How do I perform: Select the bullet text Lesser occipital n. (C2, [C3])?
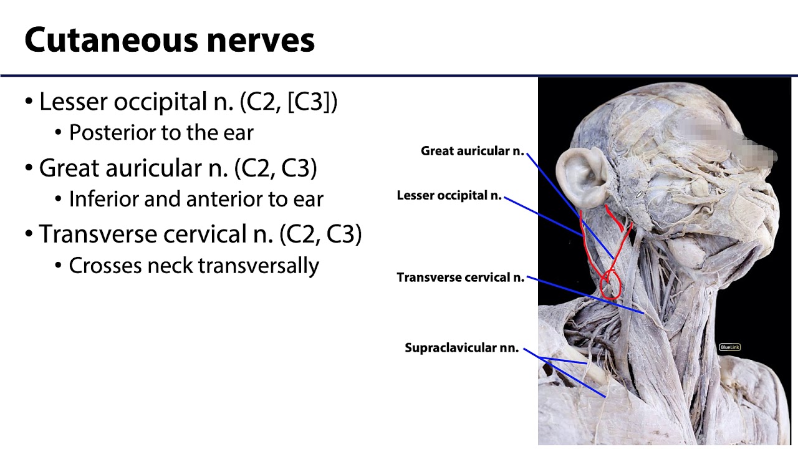188,101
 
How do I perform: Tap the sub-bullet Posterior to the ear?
161,133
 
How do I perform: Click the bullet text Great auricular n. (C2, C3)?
178,168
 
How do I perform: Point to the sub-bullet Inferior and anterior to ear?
196,199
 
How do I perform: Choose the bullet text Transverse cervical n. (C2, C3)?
199,234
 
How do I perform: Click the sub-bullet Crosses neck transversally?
193,266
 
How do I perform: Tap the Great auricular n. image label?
472,151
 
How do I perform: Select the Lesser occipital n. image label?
449,196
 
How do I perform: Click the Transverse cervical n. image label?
460,278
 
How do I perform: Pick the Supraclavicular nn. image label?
461,348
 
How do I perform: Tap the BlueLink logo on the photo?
729,347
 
